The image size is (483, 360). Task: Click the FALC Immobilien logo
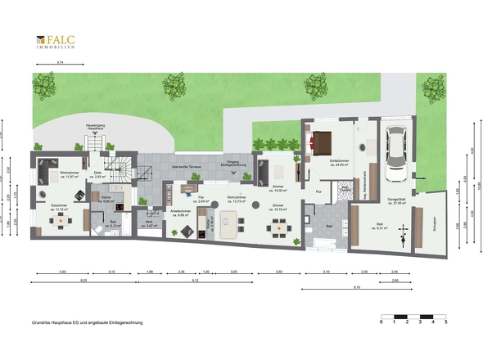pos(55,42)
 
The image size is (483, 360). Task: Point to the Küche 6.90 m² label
pos(106,199)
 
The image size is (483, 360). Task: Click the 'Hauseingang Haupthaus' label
pos(96,126)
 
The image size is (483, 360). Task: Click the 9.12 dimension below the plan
pos(193,281)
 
